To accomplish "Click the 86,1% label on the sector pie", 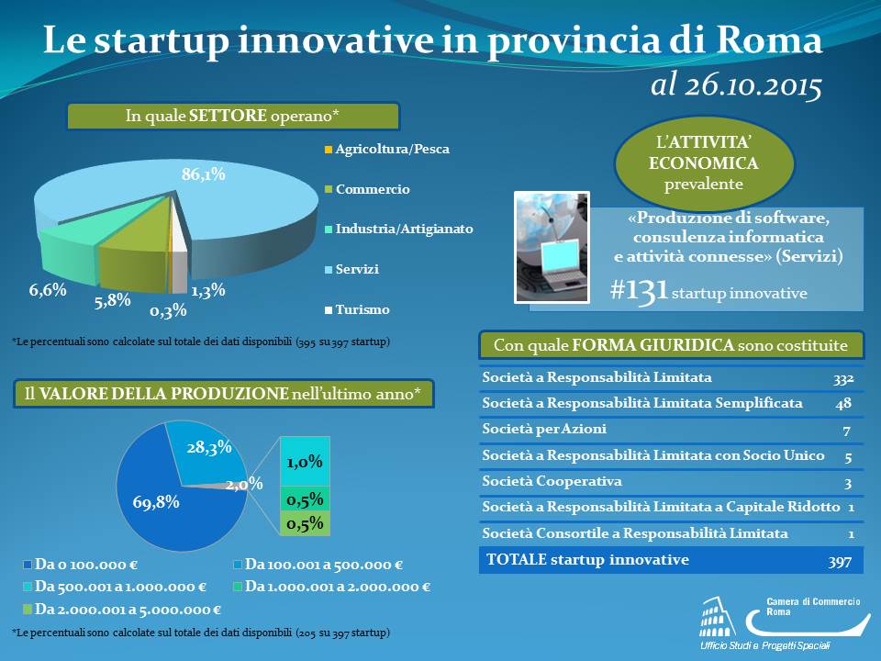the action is coord(204,174).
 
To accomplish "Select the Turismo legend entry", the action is coord(357,309).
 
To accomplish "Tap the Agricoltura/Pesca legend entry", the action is coord(387,149).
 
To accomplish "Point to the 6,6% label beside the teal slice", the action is coord(48,290).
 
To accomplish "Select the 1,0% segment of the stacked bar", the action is coord(305,462).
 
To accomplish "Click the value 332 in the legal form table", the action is coord(843,379).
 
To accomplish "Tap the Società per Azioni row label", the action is coord(544,429).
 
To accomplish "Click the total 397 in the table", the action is coord(840,562).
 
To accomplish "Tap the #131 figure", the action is coord(639,291).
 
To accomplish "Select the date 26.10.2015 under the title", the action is coord(753,85).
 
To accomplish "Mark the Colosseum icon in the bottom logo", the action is coord(718,617).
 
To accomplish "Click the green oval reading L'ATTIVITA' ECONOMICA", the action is coord(704,163).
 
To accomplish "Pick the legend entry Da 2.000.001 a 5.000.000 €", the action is coord(122,610).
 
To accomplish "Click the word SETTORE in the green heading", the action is coord(228,116).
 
